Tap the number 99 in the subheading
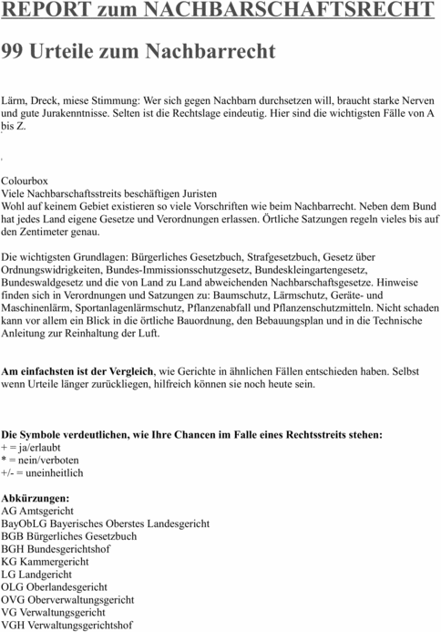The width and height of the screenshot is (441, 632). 14,52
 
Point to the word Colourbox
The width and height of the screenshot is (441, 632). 25,181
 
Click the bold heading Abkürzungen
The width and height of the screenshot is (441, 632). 36,499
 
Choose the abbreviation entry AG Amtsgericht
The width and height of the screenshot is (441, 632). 41,512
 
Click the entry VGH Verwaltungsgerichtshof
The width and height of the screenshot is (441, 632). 67,626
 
